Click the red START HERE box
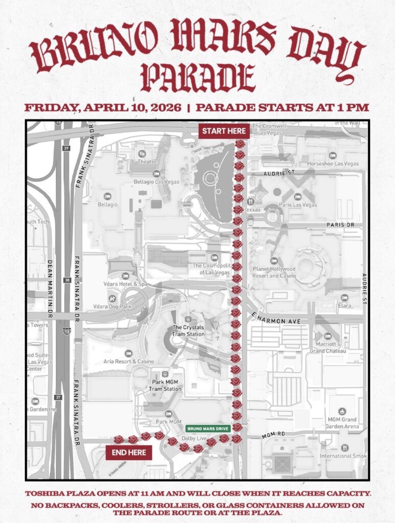(224, 131)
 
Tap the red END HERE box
(129, 453)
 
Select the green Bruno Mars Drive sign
(207, 429)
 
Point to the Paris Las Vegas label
(297, 205)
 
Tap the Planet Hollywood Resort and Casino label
(274, 272)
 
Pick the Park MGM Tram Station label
(165, 385)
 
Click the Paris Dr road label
(337, 225)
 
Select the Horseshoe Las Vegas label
(333, 163)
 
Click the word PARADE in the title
(198, 78)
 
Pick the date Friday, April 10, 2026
(103, 108)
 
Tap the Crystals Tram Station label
(188, 330)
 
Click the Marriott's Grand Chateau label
(328, 347)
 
